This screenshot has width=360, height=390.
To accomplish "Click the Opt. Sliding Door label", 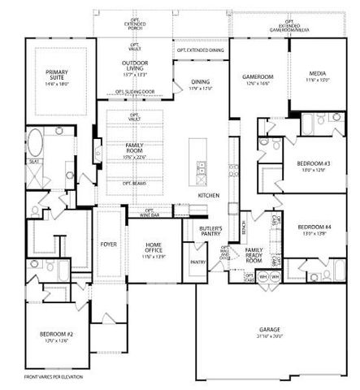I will click(135, 91).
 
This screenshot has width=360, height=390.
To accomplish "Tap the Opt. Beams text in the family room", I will click(135, 183).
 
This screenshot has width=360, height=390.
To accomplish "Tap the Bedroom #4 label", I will click(313, 229).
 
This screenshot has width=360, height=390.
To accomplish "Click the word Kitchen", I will click(210, 196).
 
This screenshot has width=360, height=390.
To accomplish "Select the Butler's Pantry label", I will click(211, 232).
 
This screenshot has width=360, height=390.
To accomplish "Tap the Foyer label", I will click(108, 243).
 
